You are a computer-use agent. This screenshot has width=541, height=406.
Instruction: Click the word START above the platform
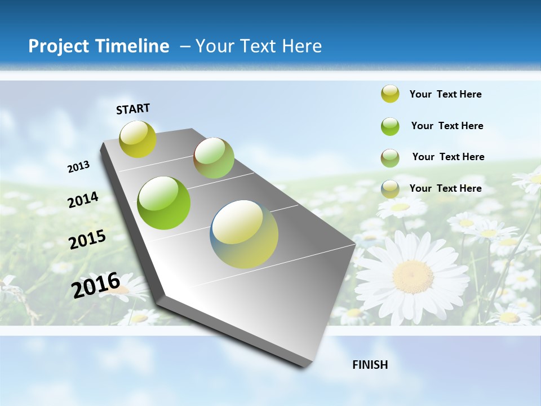click(133, 109)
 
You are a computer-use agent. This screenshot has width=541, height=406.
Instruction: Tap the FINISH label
click(370, 365)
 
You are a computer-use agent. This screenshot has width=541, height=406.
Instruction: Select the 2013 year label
click(79, 166)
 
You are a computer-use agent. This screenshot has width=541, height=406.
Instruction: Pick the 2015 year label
click(87, 240)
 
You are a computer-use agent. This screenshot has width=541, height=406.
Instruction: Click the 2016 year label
click(96, 285)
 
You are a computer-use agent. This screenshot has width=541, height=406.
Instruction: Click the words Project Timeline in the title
click(99, 46)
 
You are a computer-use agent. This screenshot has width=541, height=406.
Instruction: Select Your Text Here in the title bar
click(258, 46)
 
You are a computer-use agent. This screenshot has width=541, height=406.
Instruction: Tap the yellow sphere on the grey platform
click(138, 139)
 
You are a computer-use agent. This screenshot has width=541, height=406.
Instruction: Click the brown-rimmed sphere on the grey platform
click(214, 158)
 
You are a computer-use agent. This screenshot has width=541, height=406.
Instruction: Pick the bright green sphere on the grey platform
click(164, 203)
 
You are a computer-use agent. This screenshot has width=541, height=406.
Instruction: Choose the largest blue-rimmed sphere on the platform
click(245, 234)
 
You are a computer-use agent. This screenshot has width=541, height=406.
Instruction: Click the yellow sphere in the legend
click(390, 94)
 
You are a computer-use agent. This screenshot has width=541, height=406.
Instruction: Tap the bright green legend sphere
click(390, 126)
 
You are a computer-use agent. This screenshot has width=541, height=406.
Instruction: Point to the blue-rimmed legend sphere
click(390, 189)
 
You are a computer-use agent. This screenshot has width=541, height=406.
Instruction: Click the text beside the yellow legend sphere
click(446, 94)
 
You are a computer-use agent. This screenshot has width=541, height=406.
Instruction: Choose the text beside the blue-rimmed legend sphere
click(446, 188)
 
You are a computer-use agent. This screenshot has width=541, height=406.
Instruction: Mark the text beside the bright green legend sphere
click(447, 126)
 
